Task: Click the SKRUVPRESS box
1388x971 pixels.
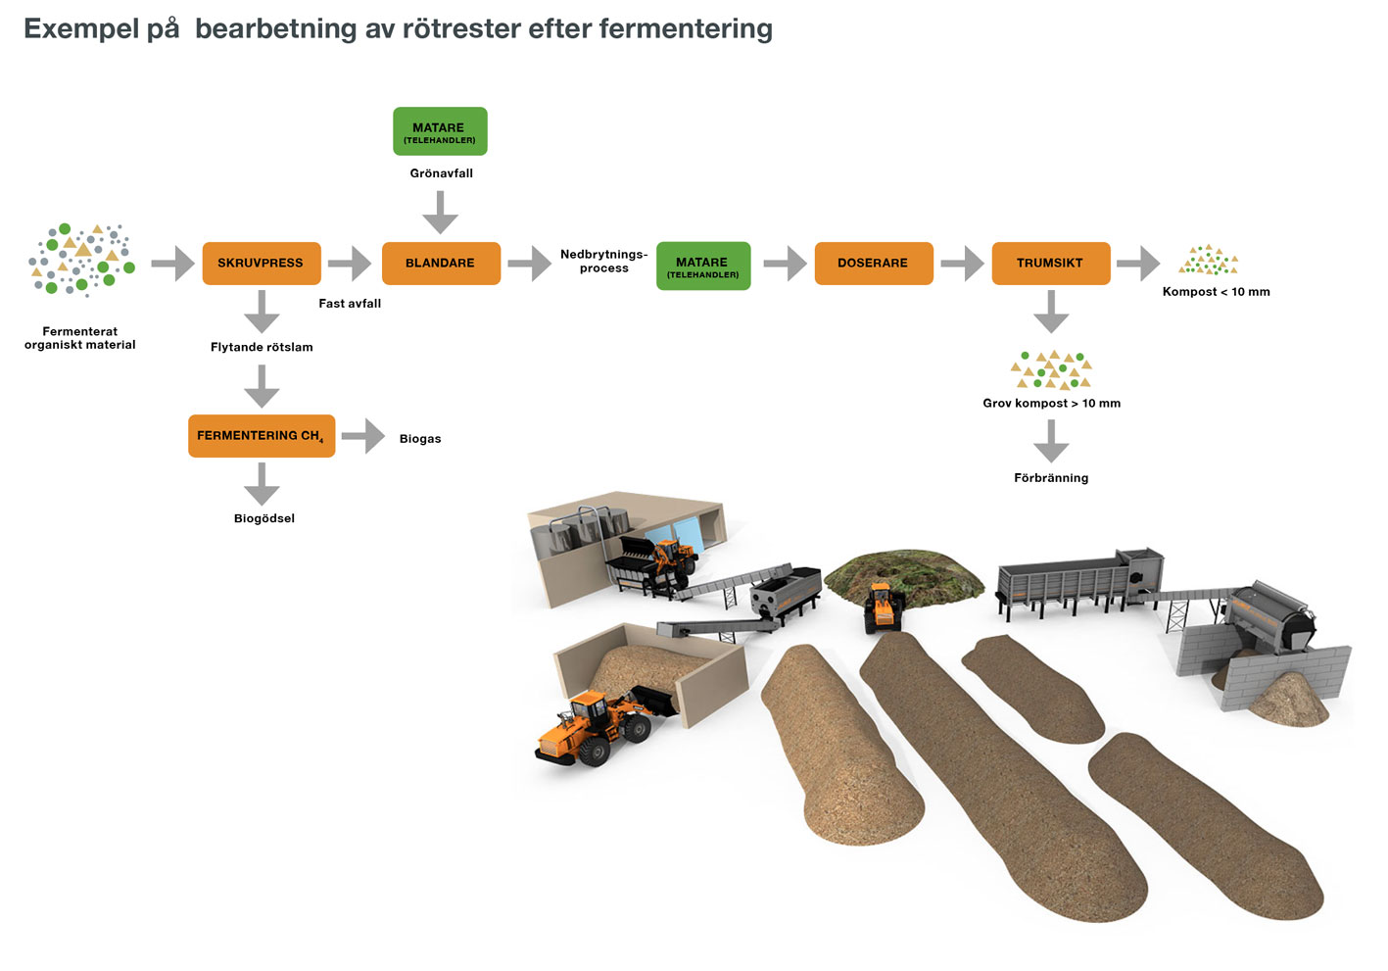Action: [x=262, y=264]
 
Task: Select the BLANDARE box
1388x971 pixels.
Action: [x=440, y=264]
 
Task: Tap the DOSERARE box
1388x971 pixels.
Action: [x=873, y=264]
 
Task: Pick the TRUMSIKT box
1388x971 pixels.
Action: [x=1050, y=264]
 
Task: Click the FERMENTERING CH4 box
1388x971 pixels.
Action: [x=262, y=436]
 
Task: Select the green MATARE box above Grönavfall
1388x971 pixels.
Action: [x=440, y=131]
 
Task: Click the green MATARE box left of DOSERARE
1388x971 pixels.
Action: [x=702, y=266]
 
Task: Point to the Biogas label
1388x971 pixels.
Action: [x=420, y=439]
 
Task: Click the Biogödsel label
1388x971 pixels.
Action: [x=263, y=518]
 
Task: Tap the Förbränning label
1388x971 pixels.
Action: [x=1051, y=478]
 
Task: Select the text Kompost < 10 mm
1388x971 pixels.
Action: [x=1216, y=292]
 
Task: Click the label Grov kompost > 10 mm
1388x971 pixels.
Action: [x=1051, y=404]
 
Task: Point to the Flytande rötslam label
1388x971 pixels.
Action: [x=262, y=347]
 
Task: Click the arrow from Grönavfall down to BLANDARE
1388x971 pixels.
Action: [x=440, y=212]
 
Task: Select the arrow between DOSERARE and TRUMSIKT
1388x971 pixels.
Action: [x=962, y=264]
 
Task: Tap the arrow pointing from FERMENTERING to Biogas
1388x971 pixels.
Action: [x=363, y=436]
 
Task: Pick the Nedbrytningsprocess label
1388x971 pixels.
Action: [x=603, y=261]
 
